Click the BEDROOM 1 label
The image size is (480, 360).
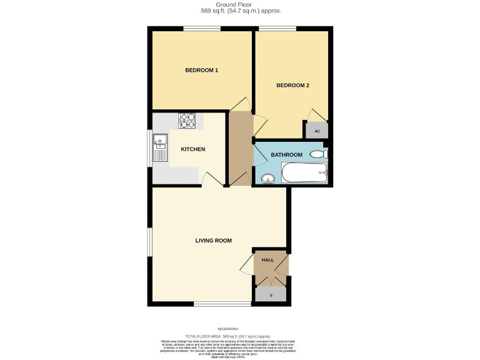click(201, 71)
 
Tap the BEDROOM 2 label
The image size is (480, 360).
click(293, 86)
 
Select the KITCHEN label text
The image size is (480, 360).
click(192, 149)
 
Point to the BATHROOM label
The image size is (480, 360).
click(286, 155)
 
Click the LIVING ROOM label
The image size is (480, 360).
click(213, 240)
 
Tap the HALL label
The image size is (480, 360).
click(267, 260)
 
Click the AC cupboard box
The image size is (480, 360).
click(317, 131)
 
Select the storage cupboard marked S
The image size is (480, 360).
click(271, 294)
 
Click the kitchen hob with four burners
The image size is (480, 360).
click(187, 120)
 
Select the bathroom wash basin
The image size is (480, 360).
click(269, 179)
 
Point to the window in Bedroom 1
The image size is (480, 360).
click(201, 28)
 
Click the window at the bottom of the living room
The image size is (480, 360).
click(214, 304)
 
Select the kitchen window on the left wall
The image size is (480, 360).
click(149, 148)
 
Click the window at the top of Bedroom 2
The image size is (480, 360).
click(277, 28)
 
